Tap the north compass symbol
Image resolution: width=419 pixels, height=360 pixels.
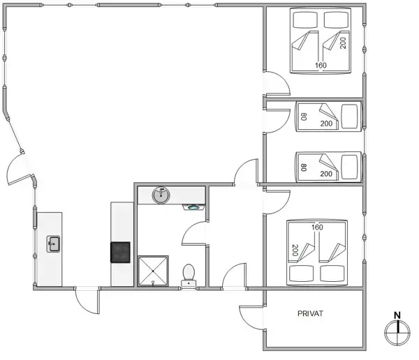[x=397, y=332]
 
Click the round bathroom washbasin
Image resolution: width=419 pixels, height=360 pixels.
[x=161, y=195]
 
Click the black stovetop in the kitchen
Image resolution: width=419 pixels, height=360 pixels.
[x=121, y=252]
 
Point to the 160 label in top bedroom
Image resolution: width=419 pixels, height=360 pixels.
[x=320, y=66]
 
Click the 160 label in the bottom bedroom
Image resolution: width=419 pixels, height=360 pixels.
[x=317, y=227]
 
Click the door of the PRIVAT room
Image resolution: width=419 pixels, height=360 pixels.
[x=251, y=318]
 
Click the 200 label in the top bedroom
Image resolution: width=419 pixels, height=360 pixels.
[x=343, y=43]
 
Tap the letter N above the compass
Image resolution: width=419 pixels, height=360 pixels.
[x=397, y=315]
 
